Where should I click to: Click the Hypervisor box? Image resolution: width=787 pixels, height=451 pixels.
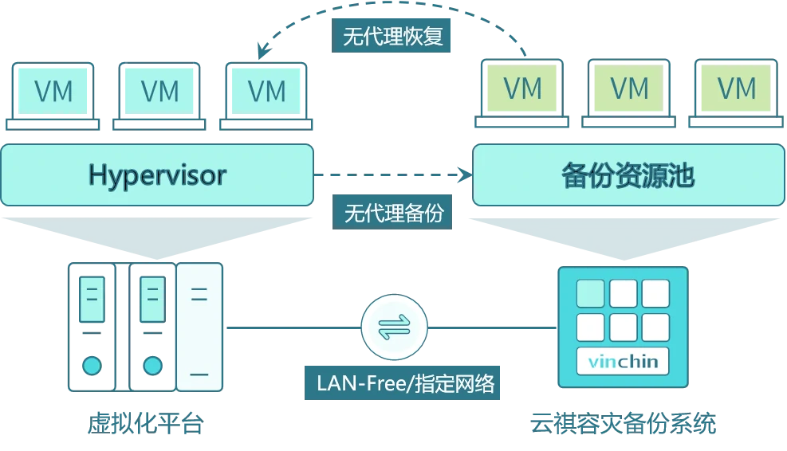point(157,175)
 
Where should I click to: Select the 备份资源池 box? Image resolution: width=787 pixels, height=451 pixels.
point(628,175)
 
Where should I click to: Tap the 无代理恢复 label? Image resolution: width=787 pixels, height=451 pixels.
point(392,37)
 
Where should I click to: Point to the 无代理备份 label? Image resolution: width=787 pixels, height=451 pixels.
point(393,213)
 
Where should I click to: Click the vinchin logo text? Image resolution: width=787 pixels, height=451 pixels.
point(623,363)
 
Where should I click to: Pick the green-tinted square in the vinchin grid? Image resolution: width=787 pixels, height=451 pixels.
point(591,293)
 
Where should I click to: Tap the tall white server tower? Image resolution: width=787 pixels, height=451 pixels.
point(199,327)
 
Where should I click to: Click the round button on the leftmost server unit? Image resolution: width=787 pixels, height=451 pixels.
point(92,366)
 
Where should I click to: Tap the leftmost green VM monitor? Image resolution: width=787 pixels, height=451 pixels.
point(523,88)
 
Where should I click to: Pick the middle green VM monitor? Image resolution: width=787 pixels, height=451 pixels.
point(630,88)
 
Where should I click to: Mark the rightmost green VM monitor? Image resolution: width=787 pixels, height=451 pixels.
point(737,88)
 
